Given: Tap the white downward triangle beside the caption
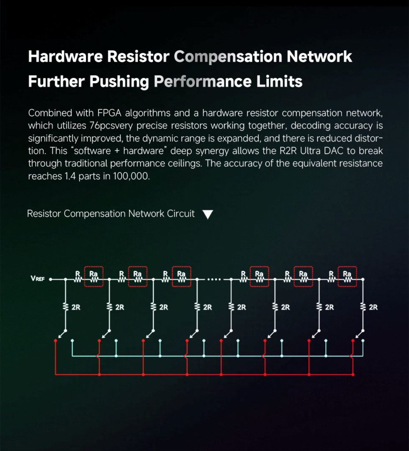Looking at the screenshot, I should click(x=208, y=214).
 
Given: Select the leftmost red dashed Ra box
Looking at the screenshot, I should click(x=93, y=276).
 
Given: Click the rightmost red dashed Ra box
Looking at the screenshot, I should click(x=347, y=276).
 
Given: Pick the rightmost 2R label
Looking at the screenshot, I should click(x=373, y=307).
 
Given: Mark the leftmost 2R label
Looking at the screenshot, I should click(x=76, y=307).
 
